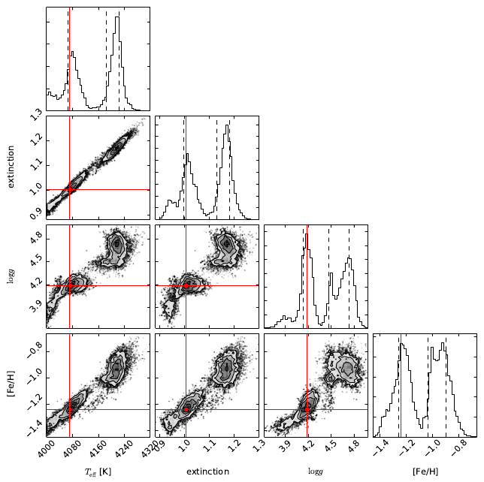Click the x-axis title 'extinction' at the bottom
click(x=207, y=471)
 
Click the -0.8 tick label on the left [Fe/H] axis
click(x=34, y=350)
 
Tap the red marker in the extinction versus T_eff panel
click(x=70, y=189)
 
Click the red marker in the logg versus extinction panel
click(x=186, y=285)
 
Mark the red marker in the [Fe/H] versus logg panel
click(x=307, y=408)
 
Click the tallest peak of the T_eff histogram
click(x=117, y=17)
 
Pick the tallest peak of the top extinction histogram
click(x=228, y=125)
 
